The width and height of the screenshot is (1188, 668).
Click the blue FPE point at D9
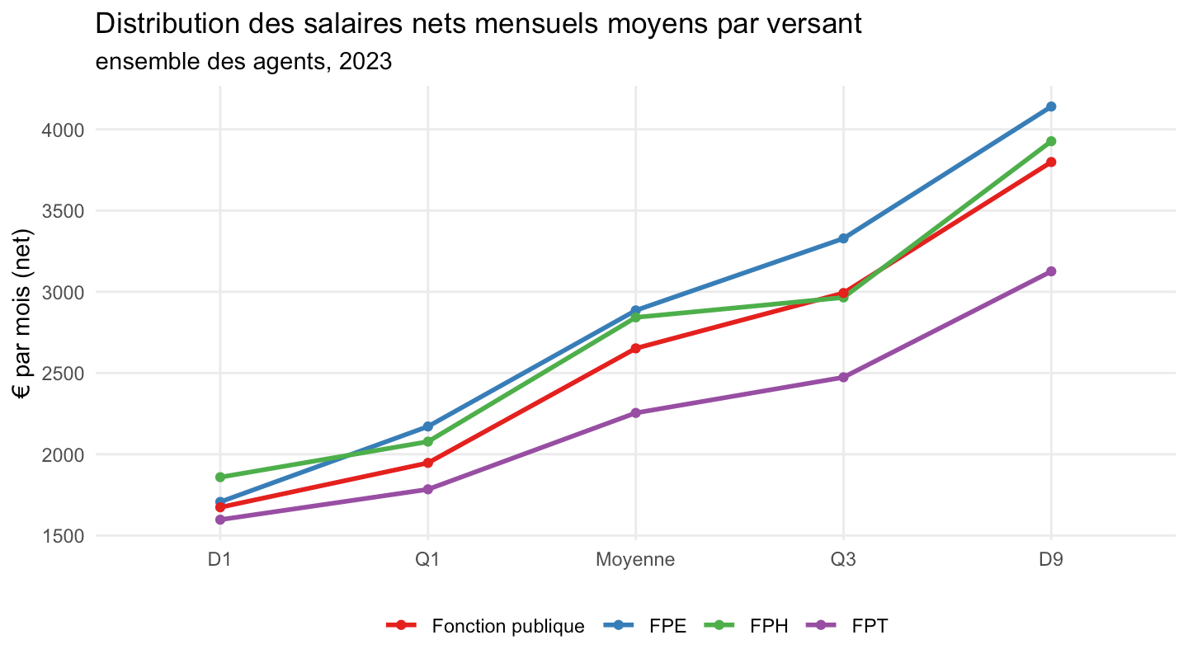click(x=1051, y=106)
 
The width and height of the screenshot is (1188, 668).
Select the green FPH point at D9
click(x=1051, y=141)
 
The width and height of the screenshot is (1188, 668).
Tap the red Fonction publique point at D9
click(x=1051, y=162)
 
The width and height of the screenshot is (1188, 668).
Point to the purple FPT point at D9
click(x=1051, y=271)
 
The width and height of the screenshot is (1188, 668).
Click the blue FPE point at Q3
click(x=843, y=238)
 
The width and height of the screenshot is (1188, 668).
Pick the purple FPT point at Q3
click(x=843, y=378)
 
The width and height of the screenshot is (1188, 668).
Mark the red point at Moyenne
click(x=635, y=348)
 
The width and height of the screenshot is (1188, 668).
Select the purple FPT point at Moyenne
click(x=635, y=413)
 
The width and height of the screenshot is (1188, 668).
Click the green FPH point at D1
click(x=220, y=477)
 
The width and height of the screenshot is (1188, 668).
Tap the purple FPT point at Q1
click(x=427, y=489)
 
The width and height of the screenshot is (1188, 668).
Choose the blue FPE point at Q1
click(x=427, y=427)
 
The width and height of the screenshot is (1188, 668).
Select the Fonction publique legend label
click(x=508, y=626)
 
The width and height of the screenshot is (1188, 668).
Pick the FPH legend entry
click(x=746, y=626)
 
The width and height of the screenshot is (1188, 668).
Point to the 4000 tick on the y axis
click(x=63, y=130)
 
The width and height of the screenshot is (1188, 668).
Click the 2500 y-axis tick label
click(x=63, y=374)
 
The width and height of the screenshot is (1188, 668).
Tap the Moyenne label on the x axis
click(x=635, y=560)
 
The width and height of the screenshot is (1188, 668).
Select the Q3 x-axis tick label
click(x=843, y=559)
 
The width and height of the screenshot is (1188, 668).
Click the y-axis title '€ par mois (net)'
click(x=22, y=314)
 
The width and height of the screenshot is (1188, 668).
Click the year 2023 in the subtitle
click(x=365, y=62)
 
